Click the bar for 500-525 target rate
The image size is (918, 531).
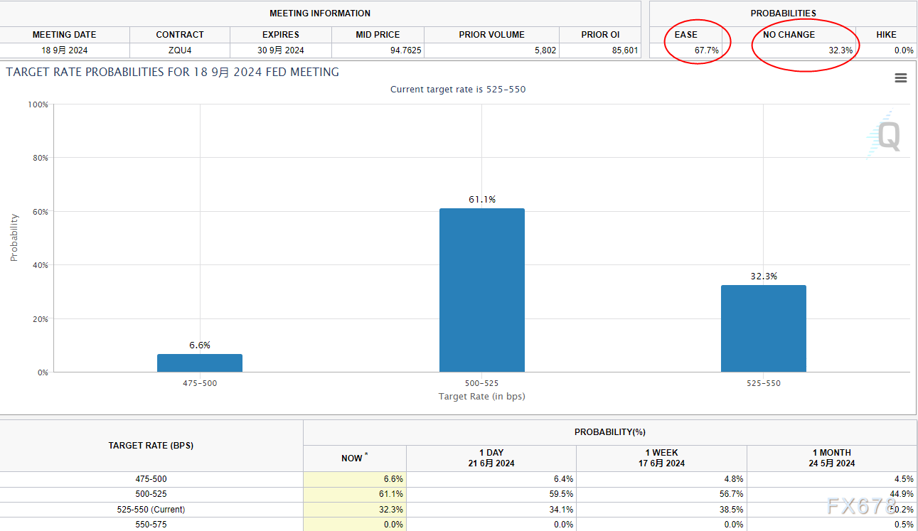(x=481, y=290)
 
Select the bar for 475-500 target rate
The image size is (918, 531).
(x=200, y=363)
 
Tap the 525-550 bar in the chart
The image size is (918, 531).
(x=763, y=328)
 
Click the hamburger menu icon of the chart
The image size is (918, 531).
(x=900, y=78)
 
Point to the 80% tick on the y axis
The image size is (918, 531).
(x=40, y=158)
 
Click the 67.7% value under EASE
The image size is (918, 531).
(x=706, y=50)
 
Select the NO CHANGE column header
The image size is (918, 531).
(x=789, y=34)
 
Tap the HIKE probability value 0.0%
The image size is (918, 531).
(x=903, y=50)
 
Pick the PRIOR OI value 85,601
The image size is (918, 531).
(x=624, y=50)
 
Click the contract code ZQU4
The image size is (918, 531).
(x=180, y=50)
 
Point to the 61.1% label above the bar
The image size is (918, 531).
(x=481, y=200)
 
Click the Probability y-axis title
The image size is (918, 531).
(x=14, y=237)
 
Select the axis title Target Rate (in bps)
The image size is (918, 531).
(x=481, y=396)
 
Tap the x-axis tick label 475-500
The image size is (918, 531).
(x=200, y=383)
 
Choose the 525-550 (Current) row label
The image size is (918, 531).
(x=151, y=510)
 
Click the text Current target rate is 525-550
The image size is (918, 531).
(x=458, y=90)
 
